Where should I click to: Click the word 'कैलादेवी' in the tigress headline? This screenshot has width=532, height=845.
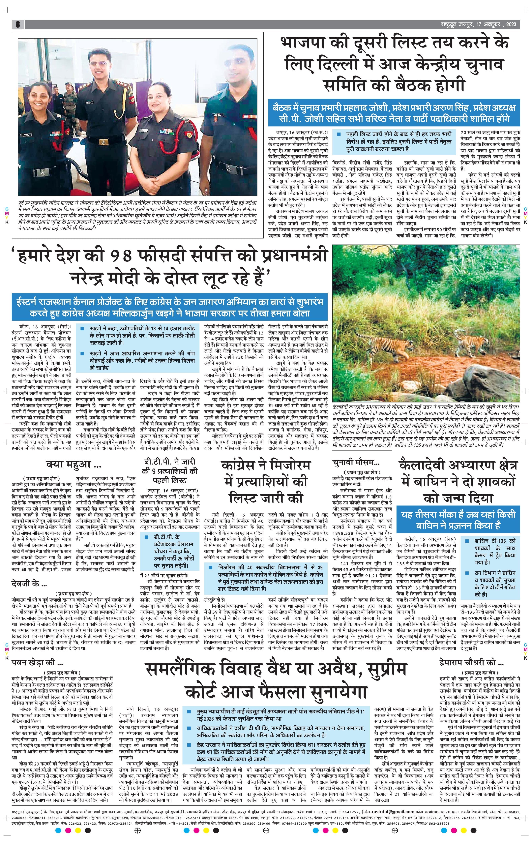(x=426, y=466)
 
